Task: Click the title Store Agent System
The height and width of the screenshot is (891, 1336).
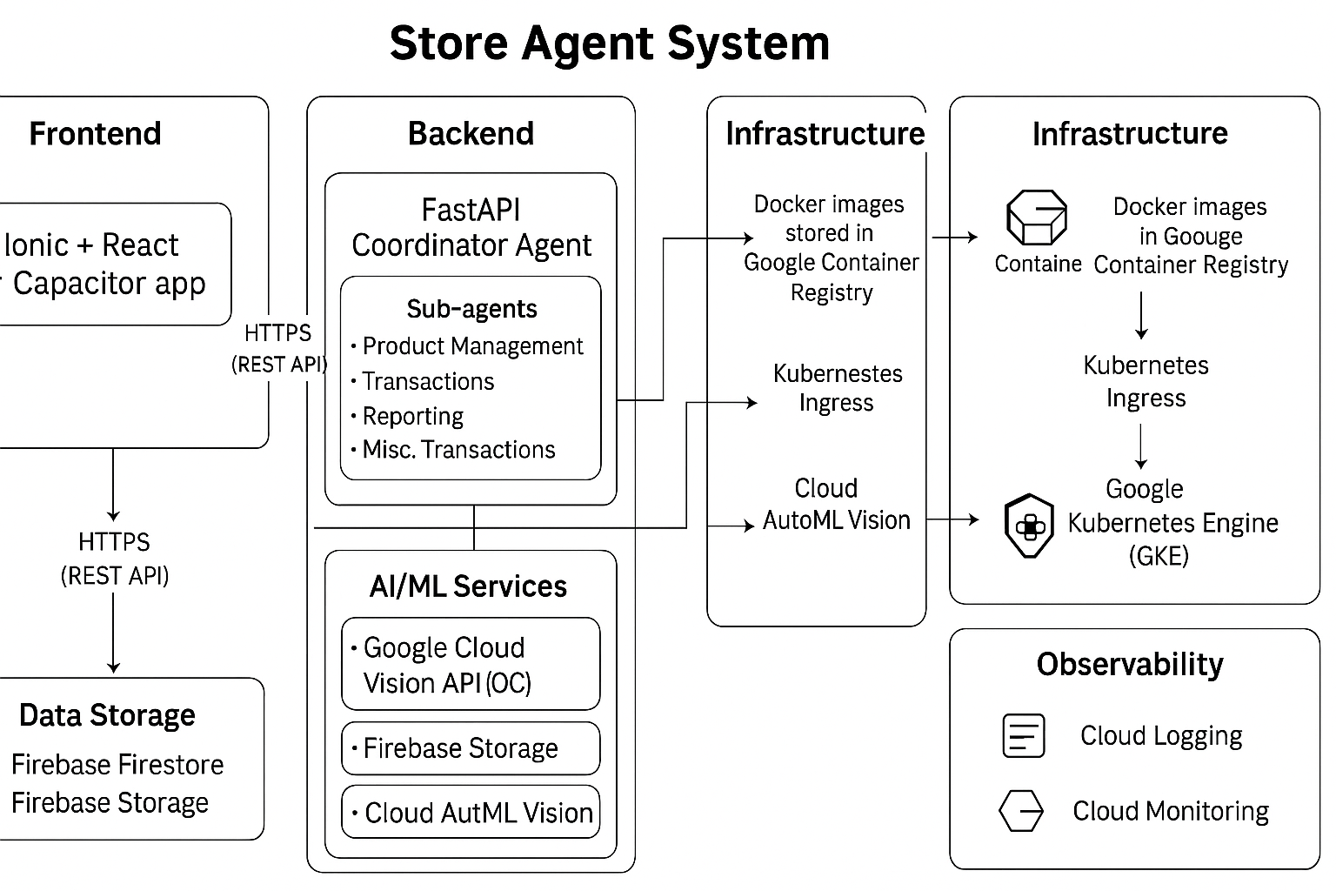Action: (609, 44)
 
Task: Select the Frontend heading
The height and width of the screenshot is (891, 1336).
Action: (95, 134)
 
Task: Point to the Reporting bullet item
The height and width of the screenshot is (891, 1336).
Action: (412, 416)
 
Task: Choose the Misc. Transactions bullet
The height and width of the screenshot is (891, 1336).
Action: (458, 450)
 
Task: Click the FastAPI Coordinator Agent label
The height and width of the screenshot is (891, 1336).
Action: (471, 228)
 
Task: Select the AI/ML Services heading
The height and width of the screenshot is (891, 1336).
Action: (468, 586)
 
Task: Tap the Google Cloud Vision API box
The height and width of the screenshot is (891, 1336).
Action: (471, 665)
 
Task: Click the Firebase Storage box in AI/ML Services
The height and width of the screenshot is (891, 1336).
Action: (471, 748)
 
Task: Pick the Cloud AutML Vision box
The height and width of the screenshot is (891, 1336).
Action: (471, 813)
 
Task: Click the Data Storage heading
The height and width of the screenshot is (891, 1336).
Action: (107, 715)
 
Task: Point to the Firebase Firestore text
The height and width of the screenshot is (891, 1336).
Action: (117, 765)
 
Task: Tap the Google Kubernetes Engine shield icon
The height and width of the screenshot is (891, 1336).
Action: (1030, 525)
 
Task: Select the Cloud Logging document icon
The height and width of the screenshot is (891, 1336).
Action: (1024, 736)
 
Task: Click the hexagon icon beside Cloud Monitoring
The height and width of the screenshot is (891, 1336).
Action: (1021, 811)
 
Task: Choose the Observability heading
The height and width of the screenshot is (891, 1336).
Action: (1130, 665)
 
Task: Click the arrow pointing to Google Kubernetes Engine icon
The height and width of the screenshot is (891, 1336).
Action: (954, 520)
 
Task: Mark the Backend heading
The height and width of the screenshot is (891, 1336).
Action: (471, 134)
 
